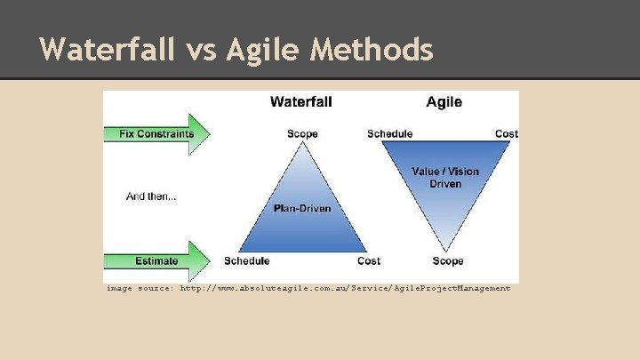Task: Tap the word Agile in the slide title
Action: (x=264, y=49)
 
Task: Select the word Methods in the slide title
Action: (x=372, y=49)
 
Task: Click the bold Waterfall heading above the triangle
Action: (x=301, y=102)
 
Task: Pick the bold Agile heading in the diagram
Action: (x=444, y=102)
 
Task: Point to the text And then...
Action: (x=151, y=197)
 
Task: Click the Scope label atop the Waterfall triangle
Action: (x=302, y=134)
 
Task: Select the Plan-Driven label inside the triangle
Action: (x=302, y=209)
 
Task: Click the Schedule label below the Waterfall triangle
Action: (x=247, y=261)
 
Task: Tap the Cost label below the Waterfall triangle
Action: (x=369, y=261)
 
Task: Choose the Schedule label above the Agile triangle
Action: (x=389, y=134)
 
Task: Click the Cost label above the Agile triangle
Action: (x=507, y=134)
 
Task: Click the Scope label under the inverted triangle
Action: (x=447, y=261)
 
